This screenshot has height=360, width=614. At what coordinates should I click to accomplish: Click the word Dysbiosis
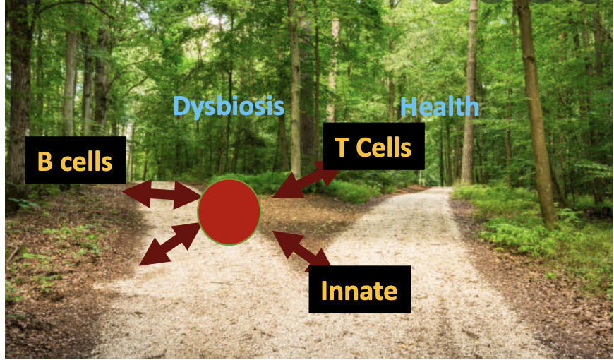tap(229, 107)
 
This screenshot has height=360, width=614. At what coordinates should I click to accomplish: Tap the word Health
tap(439, 107)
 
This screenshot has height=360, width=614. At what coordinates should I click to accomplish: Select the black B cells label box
tap(75, 161)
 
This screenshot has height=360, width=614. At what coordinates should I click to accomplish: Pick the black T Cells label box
tap(373, 147)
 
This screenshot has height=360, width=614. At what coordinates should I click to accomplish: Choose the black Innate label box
tap(359, 289)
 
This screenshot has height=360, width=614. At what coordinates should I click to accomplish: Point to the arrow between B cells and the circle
tap(161, 196)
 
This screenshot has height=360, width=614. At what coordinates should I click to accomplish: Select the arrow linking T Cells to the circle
tap(303, 179)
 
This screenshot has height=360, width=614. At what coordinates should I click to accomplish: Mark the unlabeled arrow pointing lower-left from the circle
tap(169, 244)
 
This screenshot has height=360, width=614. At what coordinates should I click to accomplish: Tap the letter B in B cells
tap(45, 162)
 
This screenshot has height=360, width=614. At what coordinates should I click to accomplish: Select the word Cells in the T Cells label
tap(383, 148)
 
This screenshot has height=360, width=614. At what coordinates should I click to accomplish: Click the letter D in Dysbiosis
tap(181, 107)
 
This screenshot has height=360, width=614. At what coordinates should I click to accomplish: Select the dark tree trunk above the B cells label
tap(19, 71)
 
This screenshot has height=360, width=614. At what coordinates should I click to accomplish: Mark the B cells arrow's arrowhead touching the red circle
tap(189, 199)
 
